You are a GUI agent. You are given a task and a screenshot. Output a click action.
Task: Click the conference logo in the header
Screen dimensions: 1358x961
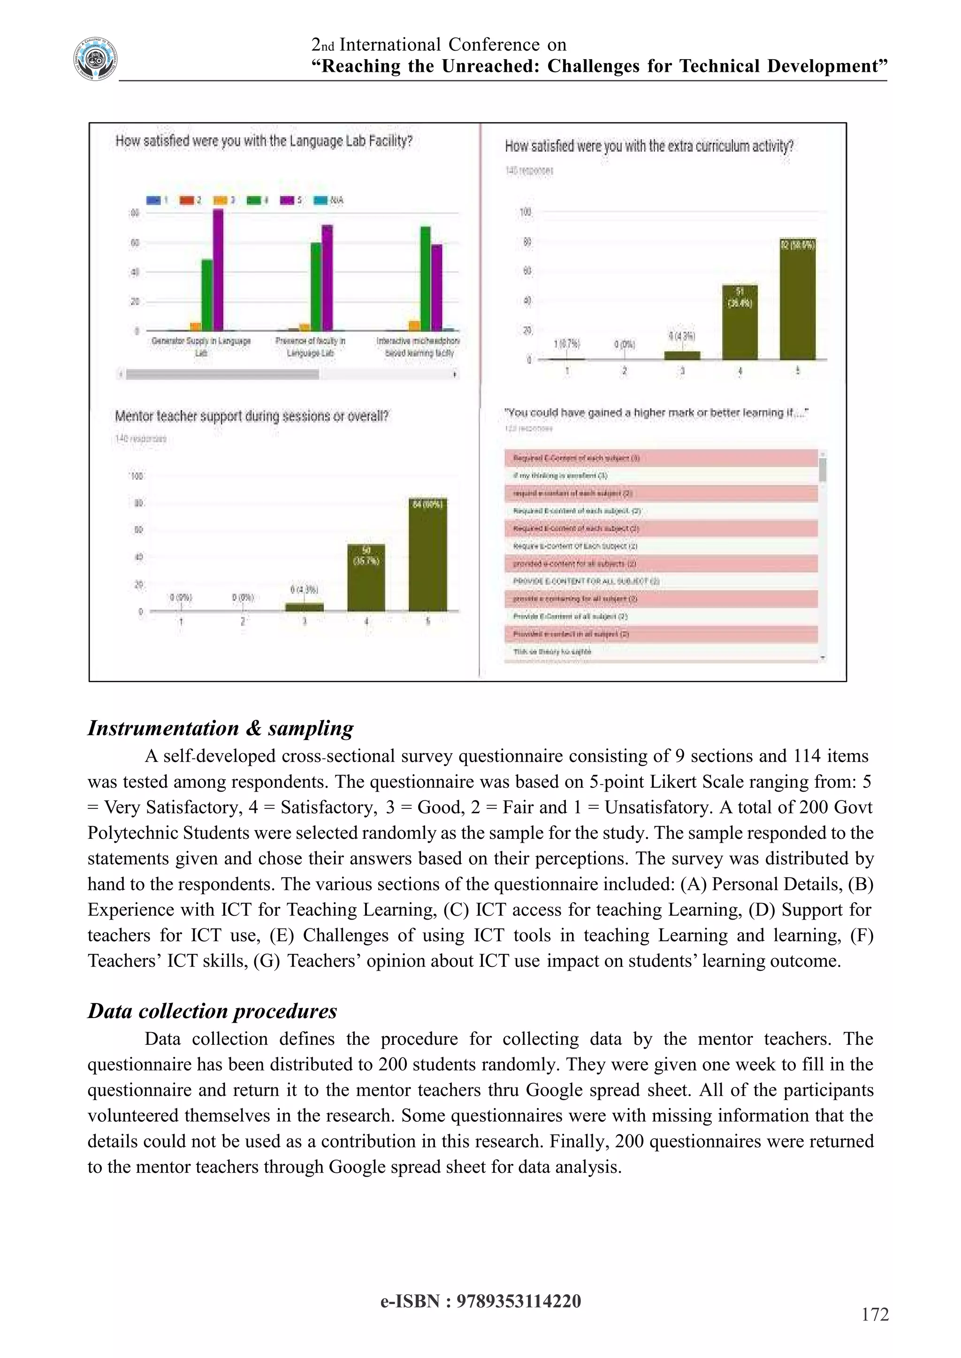tap(95, 59)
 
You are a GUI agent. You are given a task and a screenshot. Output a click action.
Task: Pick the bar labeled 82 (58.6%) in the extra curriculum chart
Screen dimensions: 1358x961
tap(797, 299)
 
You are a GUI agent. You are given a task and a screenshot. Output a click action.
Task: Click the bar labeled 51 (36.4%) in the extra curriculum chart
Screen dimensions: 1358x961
tap(740, 322)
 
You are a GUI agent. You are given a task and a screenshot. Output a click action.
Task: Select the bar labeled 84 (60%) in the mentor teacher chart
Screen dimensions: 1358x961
tap(427, 554)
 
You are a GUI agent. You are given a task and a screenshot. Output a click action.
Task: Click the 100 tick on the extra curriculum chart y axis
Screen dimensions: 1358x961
tap(526, 212)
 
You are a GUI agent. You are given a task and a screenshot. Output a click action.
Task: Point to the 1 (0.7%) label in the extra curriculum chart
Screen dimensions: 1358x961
tap(566, 344)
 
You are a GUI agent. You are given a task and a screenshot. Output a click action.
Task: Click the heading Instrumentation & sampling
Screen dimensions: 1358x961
tap(220, 728)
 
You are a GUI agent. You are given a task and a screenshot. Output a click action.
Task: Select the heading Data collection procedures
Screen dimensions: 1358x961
tap(212, 1011)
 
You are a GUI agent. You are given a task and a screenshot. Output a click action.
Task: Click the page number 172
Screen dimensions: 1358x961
tap(875, 1314)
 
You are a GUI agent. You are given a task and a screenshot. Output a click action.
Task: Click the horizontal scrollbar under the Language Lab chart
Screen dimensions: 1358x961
tap(222, 374)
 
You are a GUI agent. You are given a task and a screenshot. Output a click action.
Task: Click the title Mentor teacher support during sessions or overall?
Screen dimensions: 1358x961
tap(252, 416)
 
